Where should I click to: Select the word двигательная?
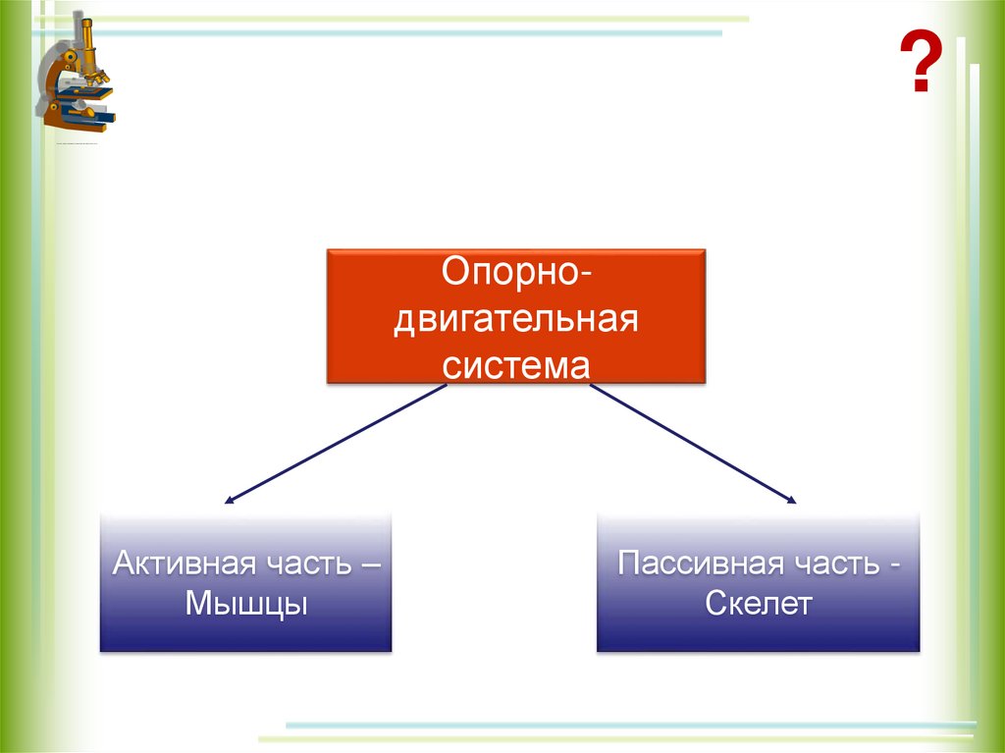pos(515,319)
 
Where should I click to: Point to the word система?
pos(515,366)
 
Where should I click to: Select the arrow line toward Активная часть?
pos(339,442)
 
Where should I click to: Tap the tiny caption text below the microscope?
pos(79,144)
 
